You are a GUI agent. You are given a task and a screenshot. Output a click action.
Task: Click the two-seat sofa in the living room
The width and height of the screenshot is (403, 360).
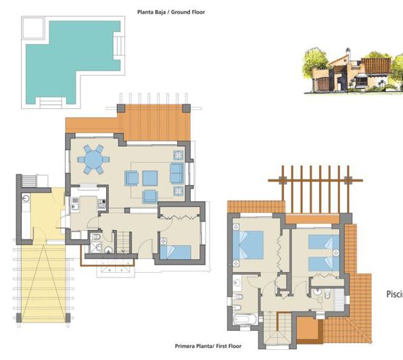[177, 173]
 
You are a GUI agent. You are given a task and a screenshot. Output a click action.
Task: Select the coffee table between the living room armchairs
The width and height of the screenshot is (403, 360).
[149, 178]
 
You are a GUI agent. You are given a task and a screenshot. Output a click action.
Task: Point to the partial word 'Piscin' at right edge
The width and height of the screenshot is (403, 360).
[394, 294]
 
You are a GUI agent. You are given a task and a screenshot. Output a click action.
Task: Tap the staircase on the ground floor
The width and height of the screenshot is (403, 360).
[124, 242]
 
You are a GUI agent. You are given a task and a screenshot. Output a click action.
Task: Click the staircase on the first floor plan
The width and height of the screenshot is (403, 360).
[277, 331]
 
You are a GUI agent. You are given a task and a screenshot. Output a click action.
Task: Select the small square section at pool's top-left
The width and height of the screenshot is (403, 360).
[32, 28]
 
